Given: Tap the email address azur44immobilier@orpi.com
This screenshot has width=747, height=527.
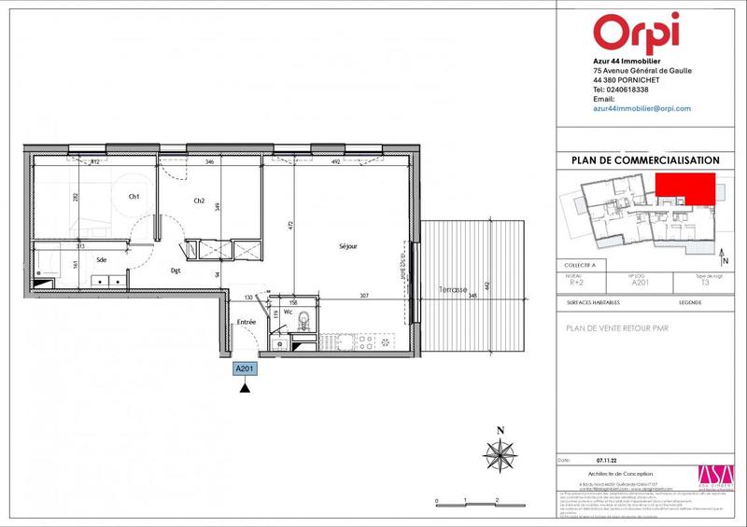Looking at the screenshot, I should pyautogui.click(x=641, y=109).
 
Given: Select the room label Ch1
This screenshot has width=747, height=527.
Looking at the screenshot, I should pyautogui.click(x=134, y=197).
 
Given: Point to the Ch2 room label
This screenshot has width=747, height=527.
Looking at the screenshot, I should pyautogui.click(x=199, y=201).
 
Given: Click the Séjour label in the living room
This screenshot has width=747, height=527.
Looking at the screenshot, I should pyautogui.click(x=348, y=246).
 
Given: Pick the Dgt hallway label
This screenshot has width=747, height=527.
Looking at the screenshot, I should pyautogui.click(x=175, y=271).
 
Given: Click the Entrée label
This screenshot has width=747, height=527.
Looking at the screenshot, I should pyautogui.click(x=246, y=322).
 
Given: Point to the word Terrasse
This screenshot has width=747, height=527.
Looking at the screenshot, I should pyautogui.click(x=451, y=290).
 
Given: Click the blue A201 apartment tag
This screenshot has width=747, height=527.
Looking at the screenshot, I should pyautogui.click(x=244, y=368).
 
